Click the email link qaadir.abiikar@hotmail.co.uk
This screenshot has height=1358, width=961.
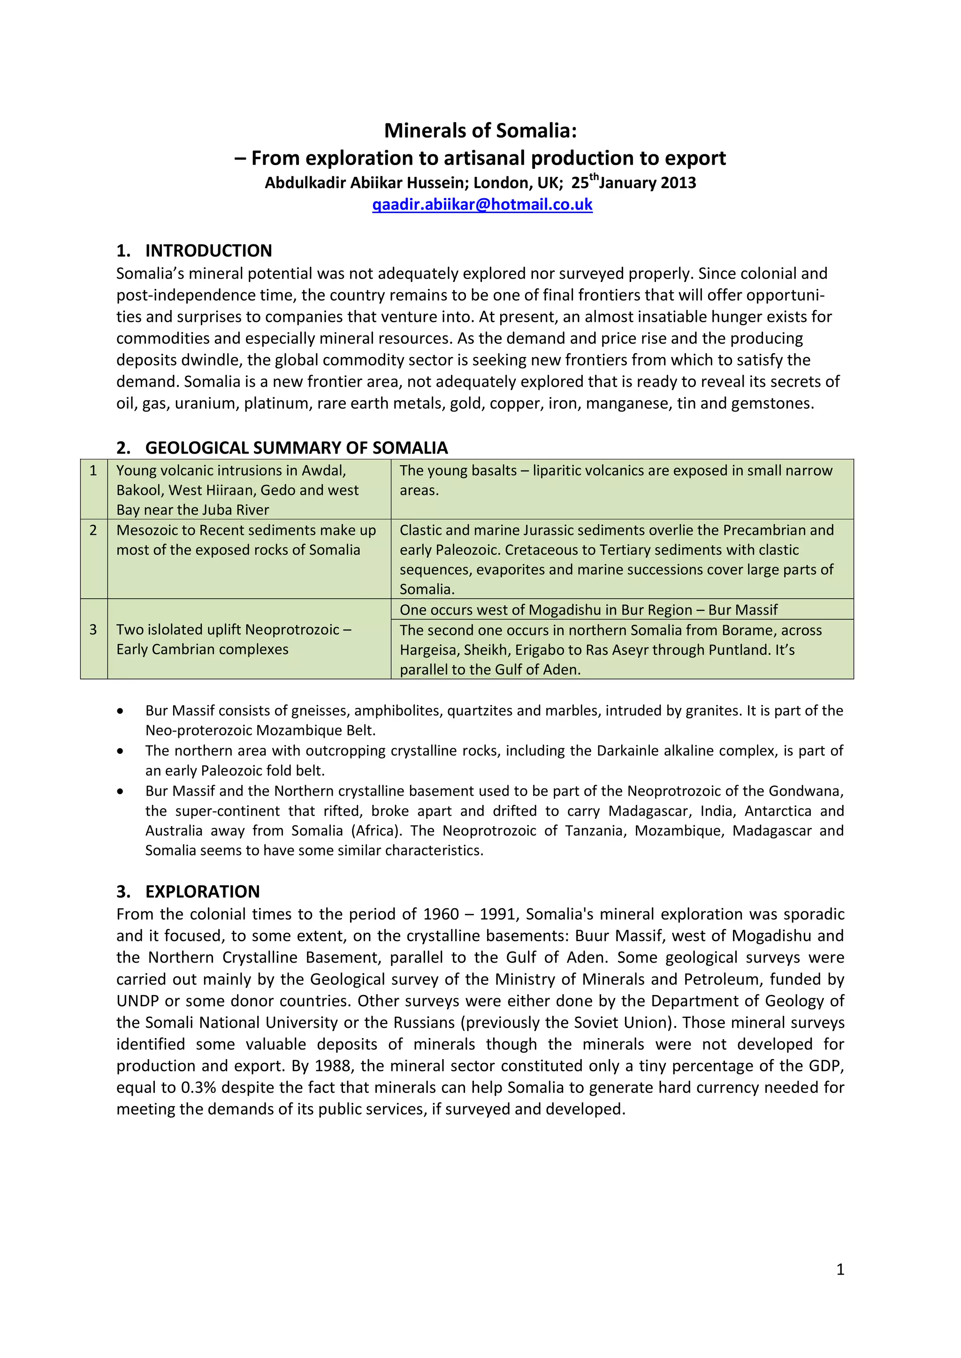[x=482, y=205]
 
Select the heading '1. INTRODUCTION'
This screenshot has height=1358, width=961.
[x=194, y=251]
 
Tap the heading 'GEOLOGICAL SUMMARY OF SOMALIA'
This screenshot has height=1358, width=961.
[x=296, y=448]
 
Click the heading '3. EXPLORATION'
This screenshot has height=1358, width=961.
[x=188, y=891]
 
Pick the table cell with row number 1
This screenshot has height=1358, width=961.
[x=93, y=471]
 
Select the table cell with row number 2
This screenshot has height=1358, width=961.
[x=93, y=531]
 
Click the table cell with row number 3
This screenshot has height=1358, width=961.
[x=93, y=630]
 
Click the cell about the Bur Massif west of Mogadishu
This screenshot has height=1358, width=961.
[x=588, y=610]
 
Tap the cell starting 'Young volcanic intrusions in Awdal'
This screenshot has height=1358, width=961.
[x=249, y=490]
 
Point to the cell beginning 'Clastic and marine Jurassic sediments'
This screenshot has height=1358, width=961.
[x=621, y=559]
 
